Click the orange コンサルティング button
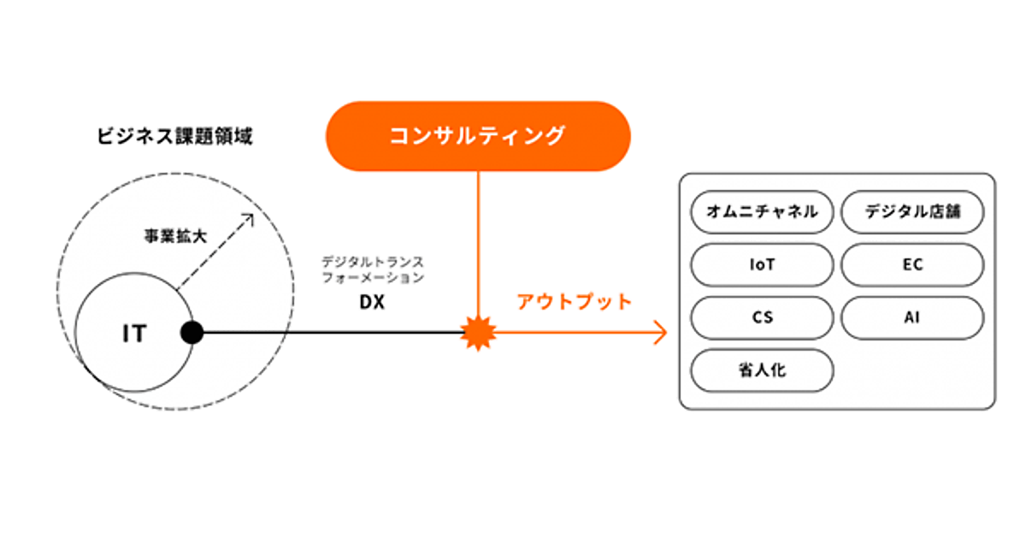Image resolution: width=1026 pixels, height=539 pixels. pyautogui.click(x=478, y=136)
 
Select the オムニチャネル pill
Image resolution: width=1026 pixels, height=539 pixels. pyautogui.click(x=761, y=211)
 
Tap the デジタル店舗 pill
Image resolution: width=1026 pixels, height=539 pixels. pyautogui.click(x=912, y=211)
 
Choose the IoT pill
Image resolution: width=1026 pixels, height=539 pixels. pyautogui.click(x=761, y=264)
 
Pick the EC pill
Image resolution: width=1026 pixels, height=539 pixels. pyautogui.click(x=912, y=264)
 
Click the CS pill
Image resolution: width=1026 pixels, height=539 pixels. pyautogui.click(x=761, y=317)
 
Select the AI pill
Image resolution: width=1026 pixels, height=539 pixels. pyautogui.click(x=912, y=317)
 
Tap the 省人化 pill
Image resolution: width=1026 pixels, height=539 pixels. pyautogui.click(x=761, y=370)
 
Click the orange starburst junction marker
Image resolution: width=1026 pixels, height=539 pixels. pyautogui.click(x=478, y=333)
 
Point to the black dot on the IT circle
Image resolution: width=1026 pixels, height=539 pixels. pyautogui.click(x=192, y=333)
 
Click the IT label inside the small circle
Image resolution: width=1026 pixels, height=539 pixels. pyautogui.click(x=133, y=334)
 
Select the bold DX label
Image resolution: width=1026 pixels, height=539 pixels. pyautogui.click(x=372, y=302)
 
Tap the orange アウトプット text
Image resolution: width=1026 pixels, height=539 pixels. pyautogui.click(x=575, y=301)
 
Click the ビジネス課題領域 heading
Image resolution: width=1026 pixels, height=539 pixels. pyautogui.click(x=174, y=136)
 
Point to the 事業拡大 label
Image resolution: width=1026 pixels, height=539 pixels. pyautogui.click(x=175, y=237)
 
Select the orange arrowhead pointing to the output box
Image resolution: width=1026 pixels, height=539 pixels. pyautogui.click(x=661, y=333)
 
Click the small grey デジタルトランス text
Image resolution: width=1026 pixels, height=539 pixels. pyautogui.click(x=372, y=261)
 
